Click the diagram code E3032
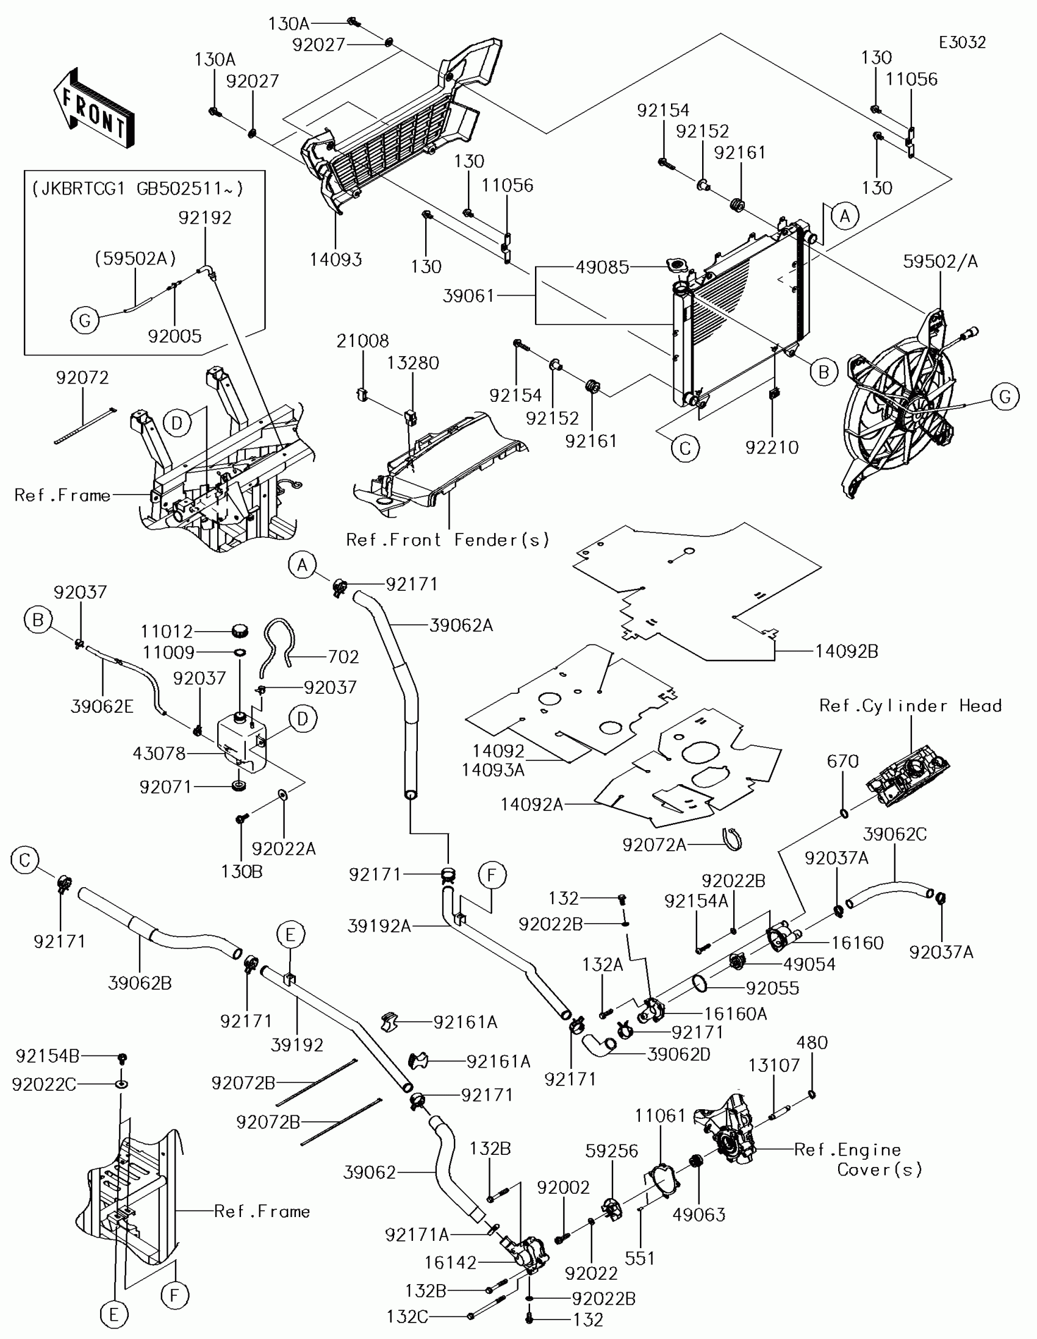[x=962, y=42]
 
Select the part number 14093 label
[x=335, y=259]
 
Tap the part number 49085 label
[x=602, y=266]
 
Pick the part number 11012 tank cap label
[x=167, y=631]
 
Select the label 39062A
[x=461, y=625]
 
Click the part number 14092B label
[x=846, y=651]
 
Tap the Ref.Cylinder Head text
[x=911, y=705]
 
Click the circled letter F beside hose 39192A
[x=492, y=876]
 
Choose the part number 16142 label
[x=451, y=1262]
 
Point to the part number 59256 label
[x=611, y=1151]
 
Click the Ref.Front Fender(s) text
[x=448, y=540]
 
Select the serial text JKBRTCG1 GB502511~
[x=138, y=188]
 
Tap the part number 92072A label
[x=655, y=845]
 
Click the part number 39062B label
[x=140, y=983]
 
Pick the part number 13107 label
[x=774, y=1065]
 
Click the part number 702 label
[x=343, y=657]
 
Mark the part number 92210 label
[x=772, y=447]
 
